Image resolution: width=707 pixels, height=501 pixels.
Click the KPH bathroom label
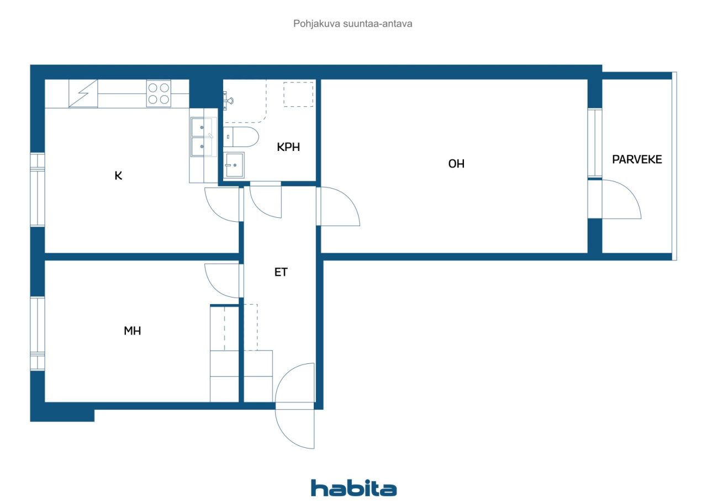coord(288,147)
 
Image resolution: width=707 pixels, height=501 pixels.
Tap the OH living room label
coord(456,164)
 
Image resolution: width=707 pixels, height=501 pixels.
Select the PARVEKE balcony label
coord(637,160)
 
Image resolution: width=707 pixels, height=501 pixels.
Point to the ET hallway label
coord(281,272)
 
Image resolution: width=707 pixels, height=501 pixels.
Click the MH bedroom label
coord(133,331)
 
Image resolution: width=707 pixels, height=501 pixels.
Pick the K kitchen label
coord(118,176)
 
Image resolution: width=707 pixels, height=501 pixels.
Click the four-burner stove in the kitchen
coord(159,93)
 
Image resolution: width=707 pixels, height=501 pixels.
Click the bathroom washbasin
coord(235,165)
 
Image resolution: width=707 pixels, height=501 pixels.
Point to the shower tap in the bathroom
coord(229,101)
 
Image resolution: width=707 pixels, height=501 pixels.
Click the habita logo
coord(353,488)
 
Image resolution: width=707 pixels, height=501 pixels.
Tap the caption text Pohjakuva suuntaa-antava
coord(353,24)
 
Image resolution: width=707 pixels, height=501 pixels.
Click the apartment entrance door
coord(295,406)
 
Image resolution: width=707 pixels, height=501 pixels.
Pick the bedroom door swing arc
coord(223,281)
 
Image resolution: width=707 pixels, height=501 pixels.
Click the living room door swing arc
coord(339,207)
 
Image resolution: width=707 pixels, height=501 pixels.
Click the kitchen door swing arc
coord(223,205)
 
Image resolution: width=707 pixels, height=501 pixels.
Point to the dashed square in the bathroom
coord(298,94)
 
